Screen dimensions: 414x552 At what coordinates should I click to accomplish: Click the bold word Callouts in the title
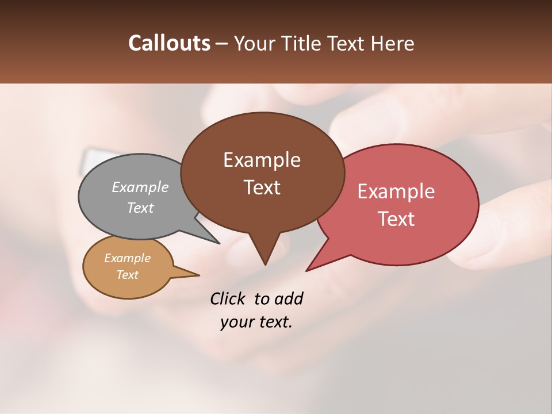pos(169,43)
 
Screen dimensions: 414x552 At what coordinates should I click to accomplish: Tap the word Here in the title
pos(392,43)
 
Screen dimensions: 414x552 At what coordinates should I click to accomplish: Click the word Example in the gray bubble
pos(140,187)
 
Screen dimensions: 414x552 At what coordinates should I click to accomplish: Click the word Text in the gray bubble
pos(140,208)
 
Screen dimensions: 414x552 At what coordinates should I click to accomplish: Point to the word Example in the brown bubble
pos(262,160)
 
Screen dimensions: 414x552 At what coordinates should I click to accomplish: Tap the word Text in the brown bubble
pos(262,187)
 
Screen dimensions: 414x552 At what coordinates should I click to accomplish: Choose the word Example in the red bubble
pos(396,191)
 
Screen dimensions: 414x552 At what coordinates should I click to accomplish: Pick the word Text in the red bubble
pos(396,219)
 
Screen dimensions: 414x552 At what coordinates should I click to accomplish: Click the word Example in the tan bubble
pos(127,258)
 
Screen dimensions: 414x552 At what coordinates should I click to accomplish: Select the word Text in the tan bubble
pos(127,275)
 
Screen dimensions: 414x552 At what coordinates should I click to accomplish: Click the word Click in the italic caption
pos(228,299)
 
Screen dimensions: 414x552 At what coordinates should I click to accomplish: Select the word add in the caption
pos(289,299)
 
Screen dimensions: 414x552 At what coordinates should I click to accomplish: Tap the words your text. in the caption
pos(256,322)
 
